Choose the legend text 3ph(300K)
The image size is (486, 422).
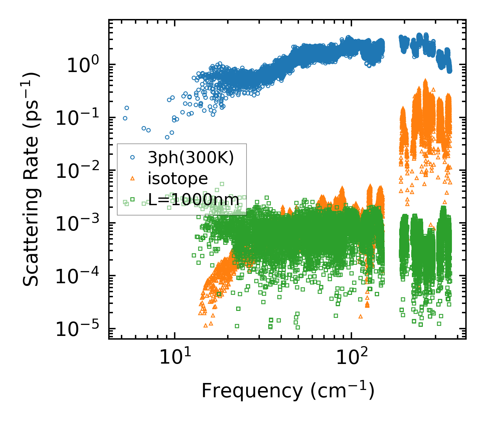coord(191,158)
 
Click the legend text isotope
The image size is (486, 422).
coord(178,179)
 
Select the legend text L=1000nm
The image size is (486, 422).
coord(193,200)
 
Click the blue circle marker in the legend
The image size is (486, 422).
coord(132,157)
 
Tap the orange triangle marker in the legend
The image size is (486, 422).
coord(132,178)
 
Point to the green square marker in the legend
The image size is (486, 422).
coord(132,199)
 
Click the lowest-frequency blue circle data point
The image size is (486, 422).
coord(125,118)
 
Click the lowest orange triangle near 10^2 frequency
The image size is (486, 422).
coord(360,316)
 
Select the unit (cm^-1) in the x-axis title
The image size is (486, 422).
coord(342,391)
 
